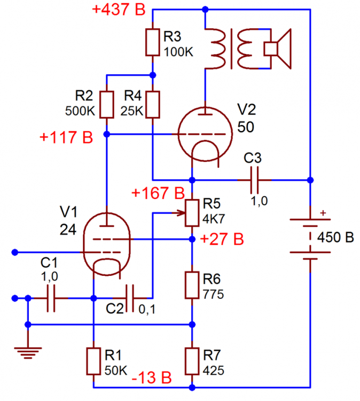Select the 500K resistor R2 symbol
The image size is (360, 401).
click(107, 105)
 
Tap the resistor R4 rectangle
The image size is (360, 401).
click(153, 105)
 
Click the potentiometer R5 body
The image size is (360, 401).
click(192, 213)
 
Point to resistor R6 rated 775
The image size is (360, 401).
click(192, 285)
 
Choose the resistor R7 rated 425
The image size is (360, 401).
click(192, 361)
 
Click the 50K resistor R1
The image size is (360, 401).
click(93, 361)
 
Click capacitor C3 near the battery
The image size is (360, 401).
click(256, 179)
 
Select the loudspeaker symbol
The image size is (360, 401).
click(278, 49)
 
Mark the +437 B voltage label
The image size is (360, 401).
click(118, 10)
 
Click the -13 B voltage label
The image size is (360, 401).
click(151, 377)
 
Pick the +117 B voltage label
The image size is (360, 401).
click(66, 137)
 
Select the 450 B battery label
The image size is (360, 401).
click(335, 237)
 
